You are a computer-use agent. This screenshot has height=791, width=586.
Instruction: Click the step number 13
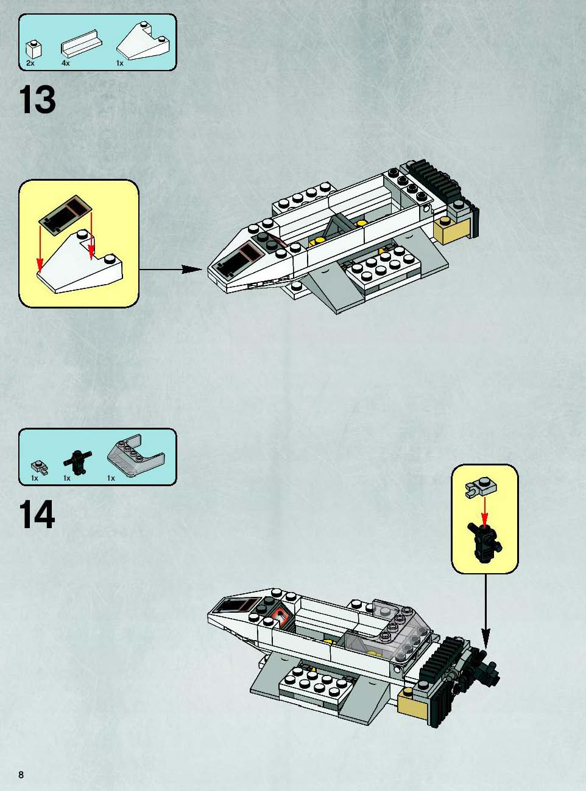click(38, 100)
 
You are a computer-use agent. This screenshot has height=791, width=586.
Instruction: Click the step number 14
click(38, 514)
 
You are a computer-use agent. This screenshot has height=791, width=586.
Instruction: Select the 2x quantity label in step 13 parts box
click(30, 63)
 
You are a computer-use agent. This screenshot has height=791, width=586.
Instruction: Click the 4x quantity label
click(65, 63)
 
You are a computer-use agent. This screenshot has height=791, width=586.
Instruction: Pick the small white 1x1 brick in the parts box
click(34, 49)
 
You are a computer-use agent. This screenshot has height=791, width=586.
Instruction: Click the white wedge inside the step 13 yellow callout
click(80, 262)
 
